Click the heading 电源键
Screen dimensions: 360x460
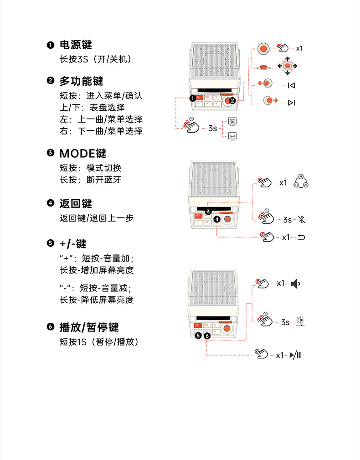click(76, 45)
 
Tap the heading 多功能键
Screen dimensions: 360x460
click(81, 81)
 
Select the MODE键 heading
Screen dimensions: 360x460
click(82, 154)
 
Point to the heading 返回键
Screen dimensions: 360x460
click(76, 203)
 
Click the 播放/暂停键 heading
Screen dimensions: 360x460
click(89, 327)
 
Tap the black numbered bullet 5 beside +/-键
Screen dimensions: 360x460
click(51, 243)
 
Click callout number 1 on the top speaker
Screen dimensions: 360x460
click(193, 98)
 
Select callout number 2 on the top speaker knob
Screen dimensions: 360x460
click(232, 101)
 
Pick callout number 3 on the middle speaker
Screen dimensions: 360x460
click(208, 212)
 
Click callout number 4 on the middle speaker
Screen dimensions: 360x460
click(216, 219)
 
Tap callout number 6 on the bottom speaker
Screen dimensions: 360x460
click(207, 336)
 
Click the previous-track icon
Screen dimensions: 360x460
click(291, 85)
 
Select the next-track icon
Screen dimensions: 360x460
click(291, 103)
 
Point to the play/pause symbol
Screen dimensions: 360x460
click(295, 355)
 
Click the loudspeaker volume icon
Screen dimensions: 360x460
click(295, 284)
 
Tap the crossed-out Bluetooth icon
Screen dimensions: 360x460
click(302, 219)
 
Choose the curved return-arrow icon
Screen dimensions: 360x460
click(301, 237)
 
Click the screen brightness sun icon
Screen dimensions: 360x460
click(300, 321)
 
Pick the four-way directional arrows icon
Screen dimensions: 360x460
click(287, 66)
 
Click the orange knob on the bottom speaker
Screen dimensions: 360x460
click(226, 328)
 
